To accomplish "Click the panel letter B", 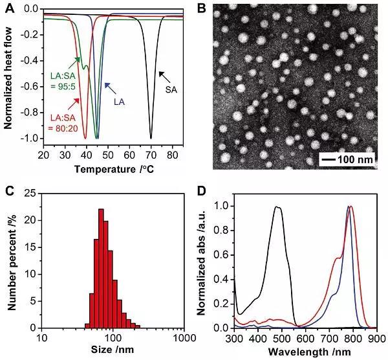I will (200, 9).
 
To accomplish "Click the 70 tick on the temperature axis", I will (151, 155).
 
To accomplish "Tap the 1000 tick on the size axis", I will (185, 338).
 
